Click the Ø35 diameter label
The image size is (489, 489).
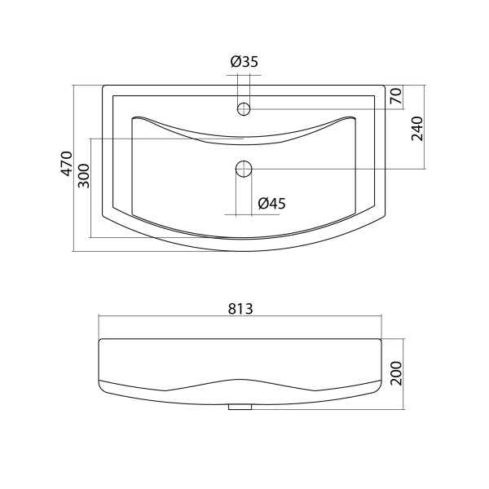pyautogui.click(x=244, y=62)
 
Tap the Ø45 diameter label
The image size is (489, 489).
pyautogui.click(x=271, y=204)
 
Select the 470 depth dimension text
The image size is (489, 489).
pyautogui.click(x=67, y=164)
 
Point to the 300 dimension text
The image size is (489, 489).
pyautogui.click(x=84, y=176)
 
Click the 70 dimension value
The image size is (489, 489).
pyautogui.click(x=395, y=96)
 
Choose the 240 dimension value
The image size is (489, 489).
pyautogui.click(x=417, y=129)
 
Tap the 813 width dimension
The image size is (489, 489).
pyautogui.click(x=240, y=309)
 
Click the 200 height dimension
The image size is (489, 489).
pyautogui.click(x=396, y=373)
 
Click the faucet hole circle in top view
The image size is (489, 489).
pyautogui.click(x=244, y=109)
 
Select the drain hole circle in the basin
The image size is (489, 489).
pyautogui.click(x=244, y=169)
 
